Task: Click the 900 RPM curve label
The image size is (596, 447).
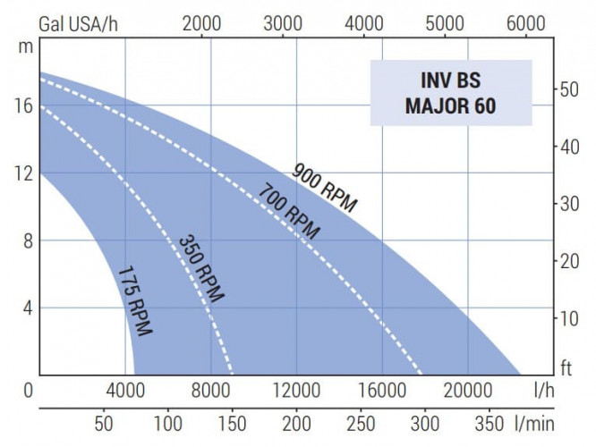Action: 325,189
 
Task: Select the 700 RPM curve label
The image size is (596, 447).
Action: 289,211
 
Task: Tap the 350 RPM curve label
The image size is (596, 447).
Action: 201,268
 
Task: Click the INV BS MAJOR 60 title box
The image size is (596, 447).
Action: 451,92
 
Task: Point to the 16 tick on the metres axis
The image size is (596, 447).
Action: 22,105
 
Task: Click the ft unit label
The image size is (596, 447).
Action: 566,367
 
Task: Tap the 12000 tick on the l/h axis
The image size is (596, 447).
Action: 295,390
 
